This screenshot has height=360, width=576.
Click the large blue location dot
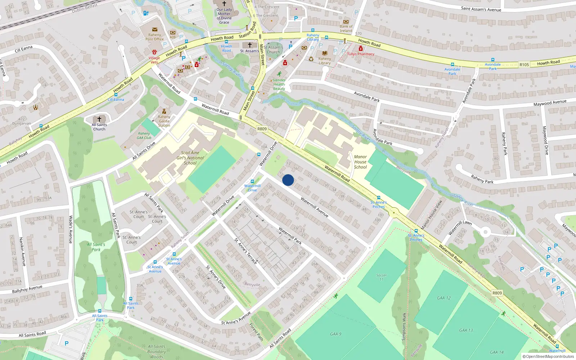(x=288, y=180)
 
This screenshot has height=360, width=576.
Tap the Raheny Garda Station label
(x=164, y=121)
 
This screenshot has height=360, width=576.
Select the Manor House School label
(x=360, y=162)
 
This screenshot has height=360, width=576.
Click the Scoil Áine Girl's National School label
(x=190, y=158)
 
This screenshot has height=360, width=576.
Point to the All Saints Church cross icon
(x=99, y=119)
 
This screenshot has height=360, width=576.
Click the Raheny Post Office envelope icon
(x=154, y=30)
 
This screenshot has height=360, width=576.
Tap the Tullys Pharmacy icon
(x=360, y=49)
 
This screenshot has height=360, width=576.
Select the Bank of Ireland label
(x=346, y=28)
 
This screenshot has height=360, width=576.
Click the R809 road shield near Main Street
(x=262, y=129)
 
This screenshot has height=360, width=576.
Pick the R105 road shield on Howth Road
(x=524, y=65)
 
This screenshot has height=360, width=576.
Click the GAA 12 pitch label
(x=444, y=298)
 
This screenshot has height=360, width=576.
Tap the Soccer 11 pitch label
(x=382, y=277)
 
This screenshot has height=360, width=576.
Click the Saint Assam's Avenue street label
(x=481, y=9)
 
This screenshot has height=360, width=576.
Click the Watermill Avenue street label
(x=314, y=207)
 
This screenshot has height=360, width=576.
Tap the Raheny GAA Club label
(x=144, y=135)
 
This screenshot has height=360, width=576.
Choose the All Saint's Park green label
(x=96, y=247)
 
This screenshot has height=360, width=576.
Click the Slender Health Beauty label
(x=279, y=85)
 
